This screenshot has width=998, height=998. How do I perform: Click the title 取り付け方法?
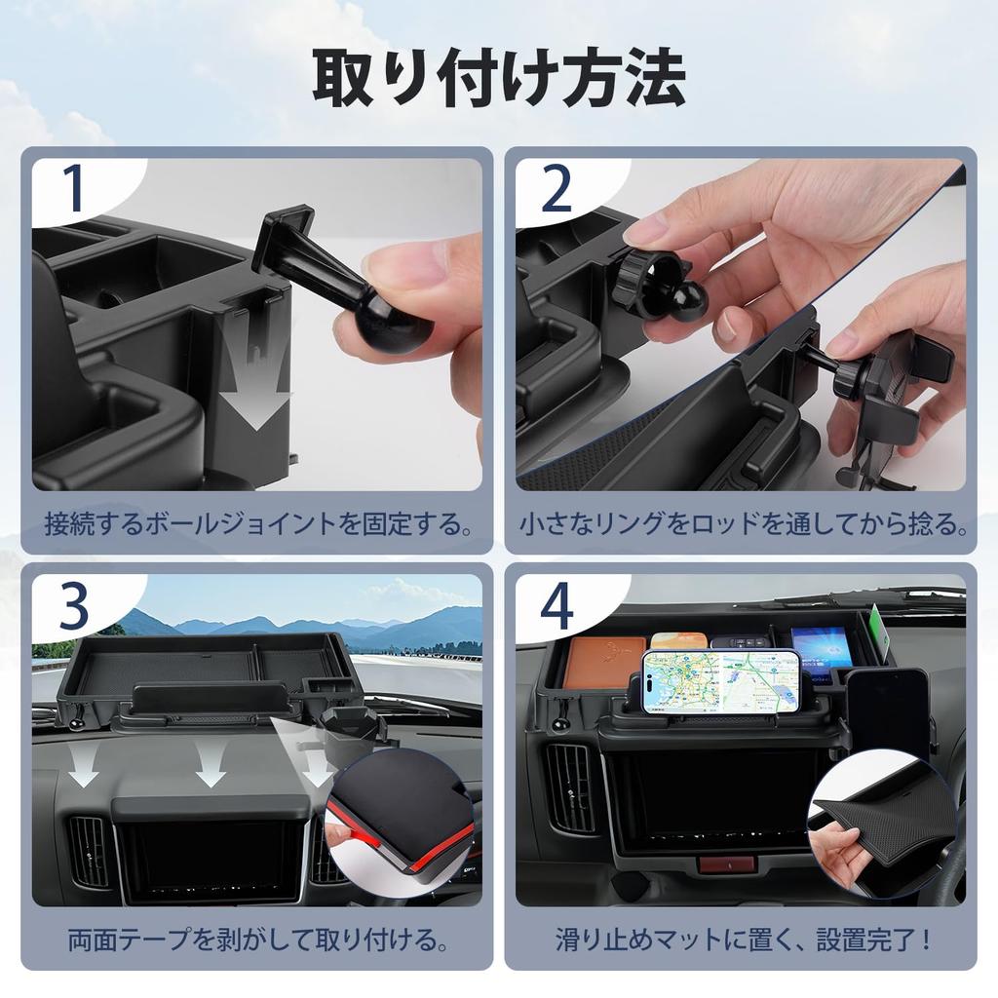click(498, 78)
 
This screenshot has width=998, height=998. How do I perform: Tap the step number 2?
click(557, 190)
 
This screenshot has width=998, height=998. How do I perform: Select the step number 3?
click(73, 606)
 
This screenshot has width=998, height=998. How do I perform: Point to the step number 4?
click(557, 606)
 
